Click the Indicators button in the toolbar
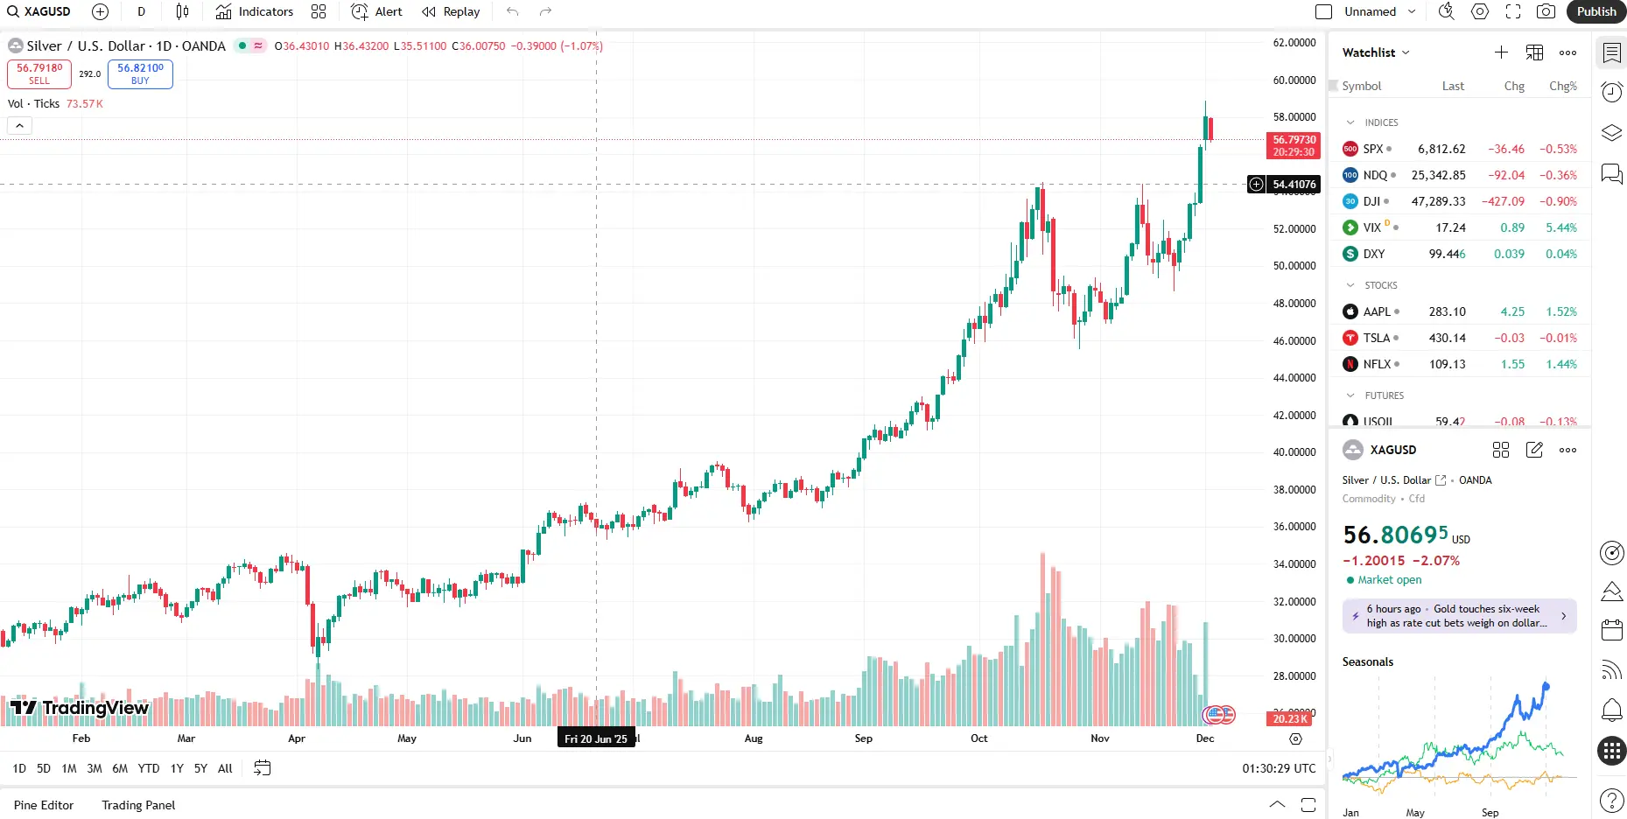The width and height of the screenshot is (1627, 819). point(255,11)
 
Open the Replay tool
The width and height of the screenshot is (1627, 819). point(451,11)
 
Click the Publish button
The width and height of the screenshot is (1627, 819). point(1595,11)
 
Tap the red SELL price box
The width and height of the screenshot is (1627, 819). point(39,73)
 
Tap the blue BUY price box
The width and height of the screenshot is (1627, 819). point(140,73)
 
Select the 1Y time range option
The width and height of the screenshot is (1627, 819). point(177,768)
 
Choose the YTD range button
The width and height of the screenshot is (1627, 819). point(149,768)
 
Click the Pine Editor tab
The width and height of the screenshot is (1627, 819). point(44,805)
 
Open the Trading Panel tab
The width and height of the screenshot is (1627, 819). point(138,805)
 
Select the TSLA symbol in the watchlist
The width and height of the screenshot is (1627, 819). point(1377,338)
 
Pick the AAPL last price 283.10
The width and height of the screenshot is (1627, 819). point(1447,311)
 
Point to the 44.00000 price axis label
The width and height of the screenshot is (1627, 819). point(1294,378)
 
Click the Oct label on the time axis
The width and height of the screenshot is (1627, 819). point(978,738)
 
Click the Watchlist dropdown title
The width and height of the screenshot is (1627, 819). point(1376,52)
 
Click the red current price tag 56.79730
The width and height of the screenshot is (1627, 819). point(1294,145)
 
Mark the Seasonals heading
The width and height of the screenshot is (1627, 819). point(1367,661)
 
